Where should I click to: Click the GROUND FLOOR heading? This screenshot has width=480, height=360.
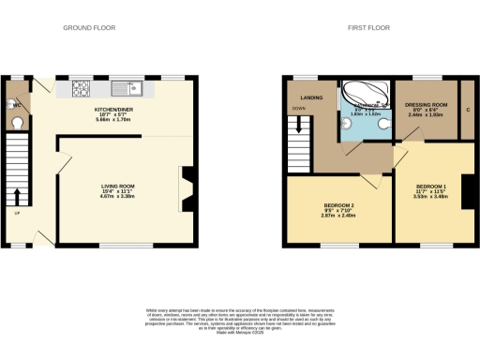[x=88, y=28]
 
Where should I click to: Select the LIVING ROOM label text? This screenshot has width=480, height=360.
[x=120, y=187]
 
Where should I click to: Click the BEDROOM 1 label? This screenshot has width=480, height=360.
[x=430, y=186]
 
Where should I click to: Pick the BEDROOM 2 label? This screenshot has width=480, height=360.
[x=338, y=204]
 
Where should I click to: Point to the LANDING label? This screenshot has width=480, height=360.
[x=312, y=97]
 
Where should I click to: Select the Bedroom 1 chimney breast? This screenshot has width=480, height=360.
[x=468, y=191]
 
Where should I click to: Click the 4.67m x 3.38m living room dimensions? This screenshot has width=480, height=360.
[x=120, y=199]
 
